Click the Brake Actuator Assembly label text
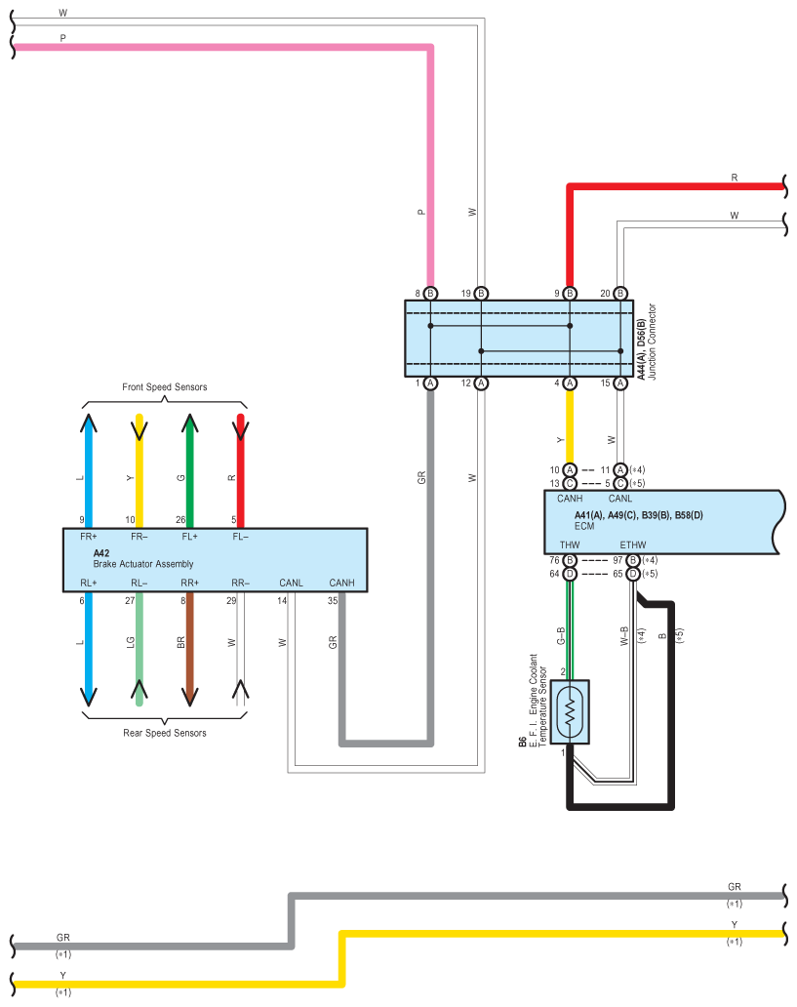coord(143,564)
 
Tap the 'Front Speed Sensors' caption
coord(165,387)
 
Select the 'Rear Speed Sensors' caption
coord(165,733)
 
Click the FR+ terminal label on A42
coord(88,537)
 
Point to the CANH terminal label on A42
coord(341,584)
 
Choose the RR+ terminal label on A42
coord(189,584)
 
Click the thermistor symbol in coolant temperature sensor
coord(570,711)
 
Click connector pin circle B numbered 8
coord(430,294)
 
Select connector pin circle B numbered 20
coord(619,294)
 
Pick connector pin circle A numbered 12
coord(481,383)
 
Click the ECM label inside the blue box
coord(584,526)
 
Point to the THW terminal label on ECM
coord(570,545)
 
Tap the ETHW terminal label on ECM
coord(632,545)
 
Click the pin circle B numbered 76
coord(570,561)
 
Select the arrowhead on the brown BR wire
coord(189,697)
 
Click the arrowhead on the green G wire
coord(189,423)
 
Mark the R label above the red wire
coord(734,178)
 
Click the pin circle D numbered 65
coord(632,574)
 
